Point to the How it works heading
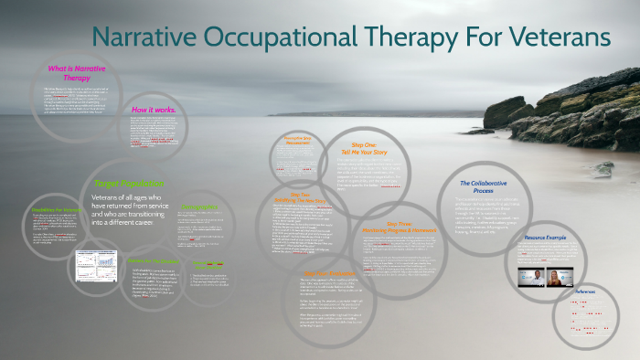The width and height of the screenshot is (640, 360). click(x=154, y=110)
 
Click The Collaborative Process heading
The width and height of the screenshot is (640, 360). click(x=485, y=187)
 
